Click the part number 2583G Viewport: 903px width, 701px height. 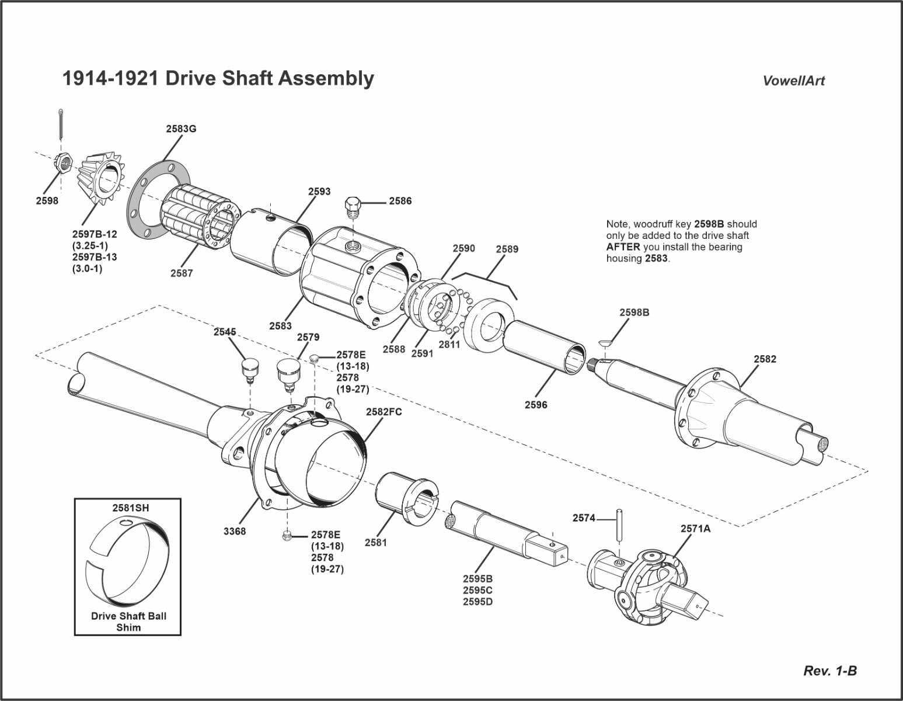pos(180,129)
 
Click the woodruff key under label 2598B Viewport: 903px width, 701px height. pos(607,342)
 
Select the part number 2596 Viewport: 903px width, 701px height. pos(536,404)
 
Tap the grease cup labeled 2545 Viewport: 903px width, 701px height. pos(250,372)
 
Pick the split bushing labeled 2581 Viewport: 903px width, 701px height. pos(404,496)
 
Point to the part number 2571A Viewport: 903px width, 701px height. pos(695,528)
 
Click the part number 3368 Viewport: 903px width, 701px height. pos(234,531)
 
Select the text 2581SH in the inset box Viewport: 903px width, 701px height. pos(130,508)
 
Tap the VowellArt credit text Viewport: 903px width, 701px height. pos(793,81)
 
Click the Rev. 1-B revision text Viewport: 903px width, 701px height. pos(830,671)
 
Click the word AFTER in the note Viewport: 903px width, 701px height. pos(623,247)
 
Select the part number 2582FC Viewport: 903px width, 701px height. pos(383,411)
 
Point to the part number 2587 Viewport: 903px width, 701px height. pos(182,273)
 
